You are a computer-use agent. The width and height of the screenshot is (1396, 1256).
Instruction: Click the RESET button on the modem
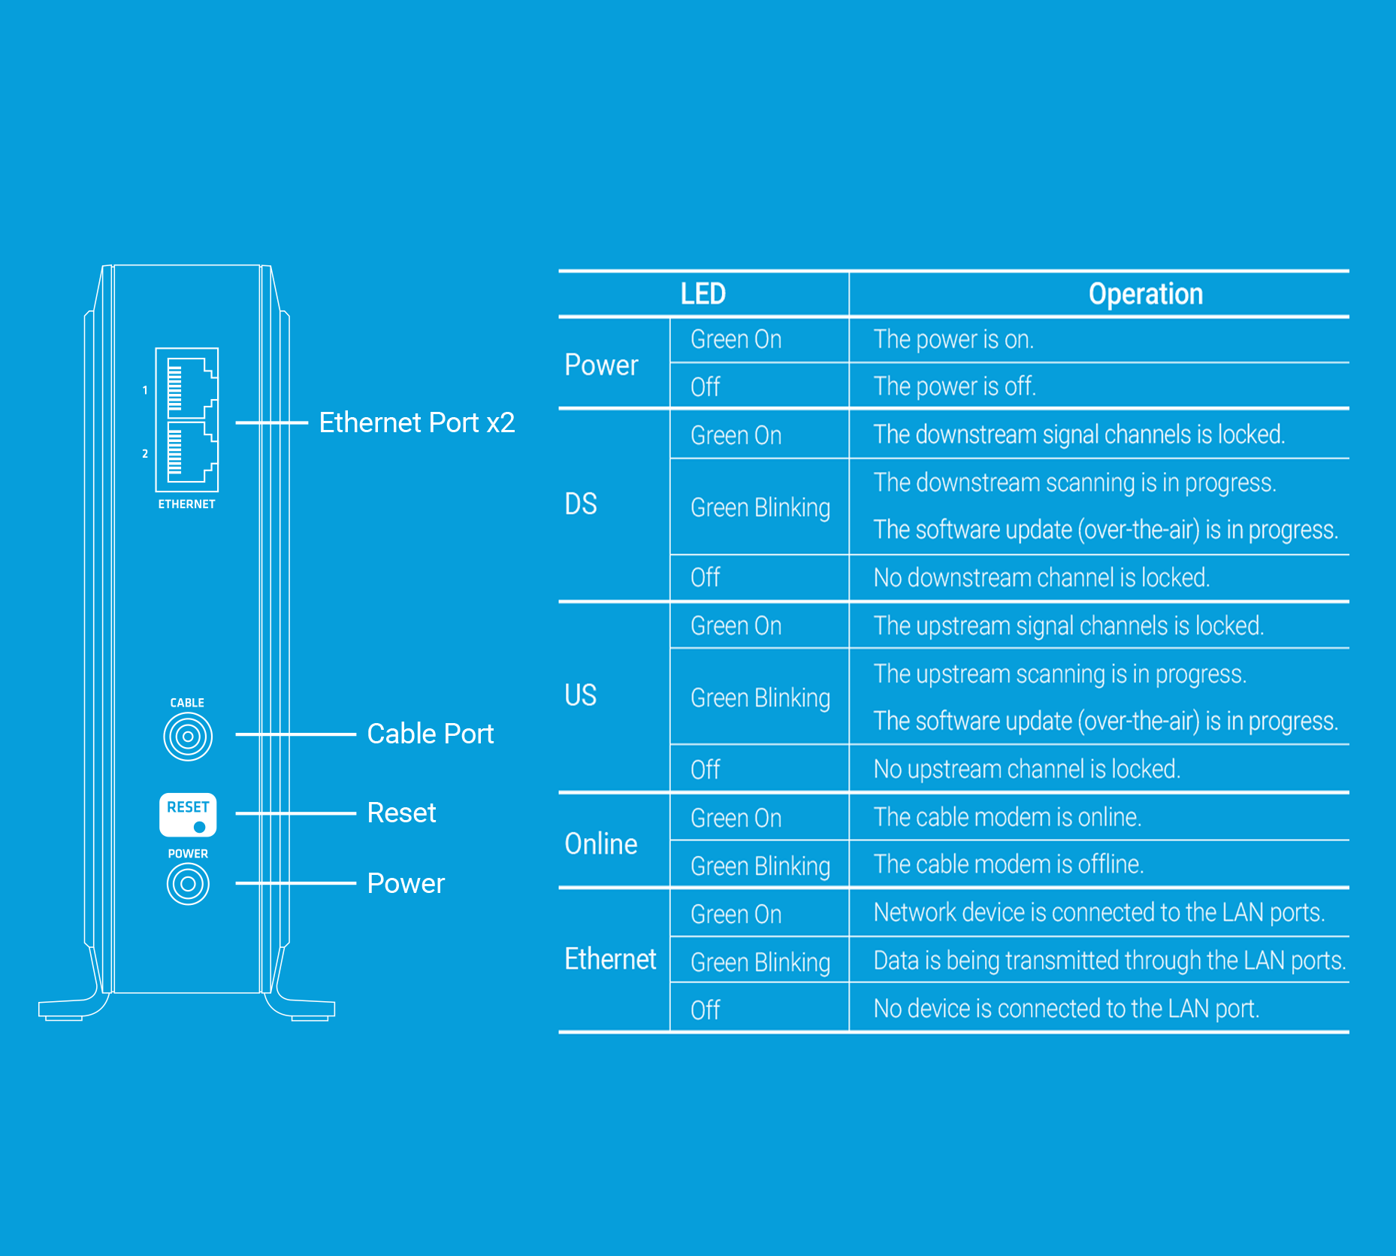tap(188, 815)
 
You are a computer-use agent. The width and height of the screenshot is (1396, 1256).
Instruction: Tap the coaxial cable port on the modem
tap(188, 736)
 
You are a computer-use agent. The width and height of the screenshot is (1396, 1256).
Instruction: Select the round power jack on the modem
tap(188, 883)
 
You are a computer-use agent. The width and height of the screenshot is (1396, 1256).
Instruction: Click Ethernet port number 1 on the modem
tap(192, 388)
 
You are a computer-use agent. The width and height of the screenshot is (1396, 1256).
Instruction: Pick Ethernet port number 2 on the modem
tap(192, 452)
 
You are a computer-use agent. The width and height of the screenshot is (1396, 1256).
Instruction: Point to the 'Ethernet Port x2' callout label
tap(417, 422)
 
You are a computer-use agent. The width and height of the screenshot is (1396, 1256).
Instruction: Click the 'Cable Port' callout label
tap(431, 734)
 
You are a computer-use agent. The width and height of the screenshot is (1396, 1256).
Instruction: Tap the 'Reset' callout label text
tap(402, 813)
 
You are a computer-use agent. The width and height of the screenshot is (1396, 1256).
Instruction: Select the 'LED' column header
tap(703, 293)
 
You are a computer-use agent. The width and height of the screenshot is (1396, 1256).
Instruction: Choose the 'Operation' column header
tap(1146, 294)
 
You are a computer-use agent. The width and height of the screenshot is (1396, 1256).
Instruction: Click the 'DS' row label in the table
tap(581, 504)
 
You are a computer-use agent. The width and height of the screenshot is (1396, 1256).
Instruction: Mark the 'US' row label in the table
tap(581, 695)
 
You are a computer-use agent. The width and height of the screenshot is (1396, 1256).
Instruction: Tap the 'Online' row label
tap(601, 843)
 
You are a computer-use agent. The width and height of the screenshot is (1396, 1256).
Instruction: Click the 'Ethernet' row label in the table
tap(611, 959)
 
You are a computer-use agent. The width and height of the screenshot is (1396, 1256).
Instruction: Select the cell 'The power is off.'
tap(955, 386)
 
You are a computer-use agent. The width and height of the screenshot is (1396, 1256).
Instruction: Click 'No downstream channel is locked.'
tap(1042, 577)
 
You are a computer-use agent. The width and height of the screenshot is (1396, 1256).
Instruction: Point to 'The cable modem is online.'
tap(1008, 816)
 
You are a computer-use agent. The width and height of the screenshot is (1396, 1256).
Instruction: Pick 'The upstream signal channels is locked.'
tap(1069, 625)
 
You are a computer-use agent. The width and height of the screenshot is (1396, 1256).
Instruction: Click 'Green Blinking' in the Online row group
tap(760, 866)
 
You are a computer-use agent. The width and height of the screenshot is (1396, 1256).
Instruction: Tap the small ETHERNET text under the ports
tap(187, 504)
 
